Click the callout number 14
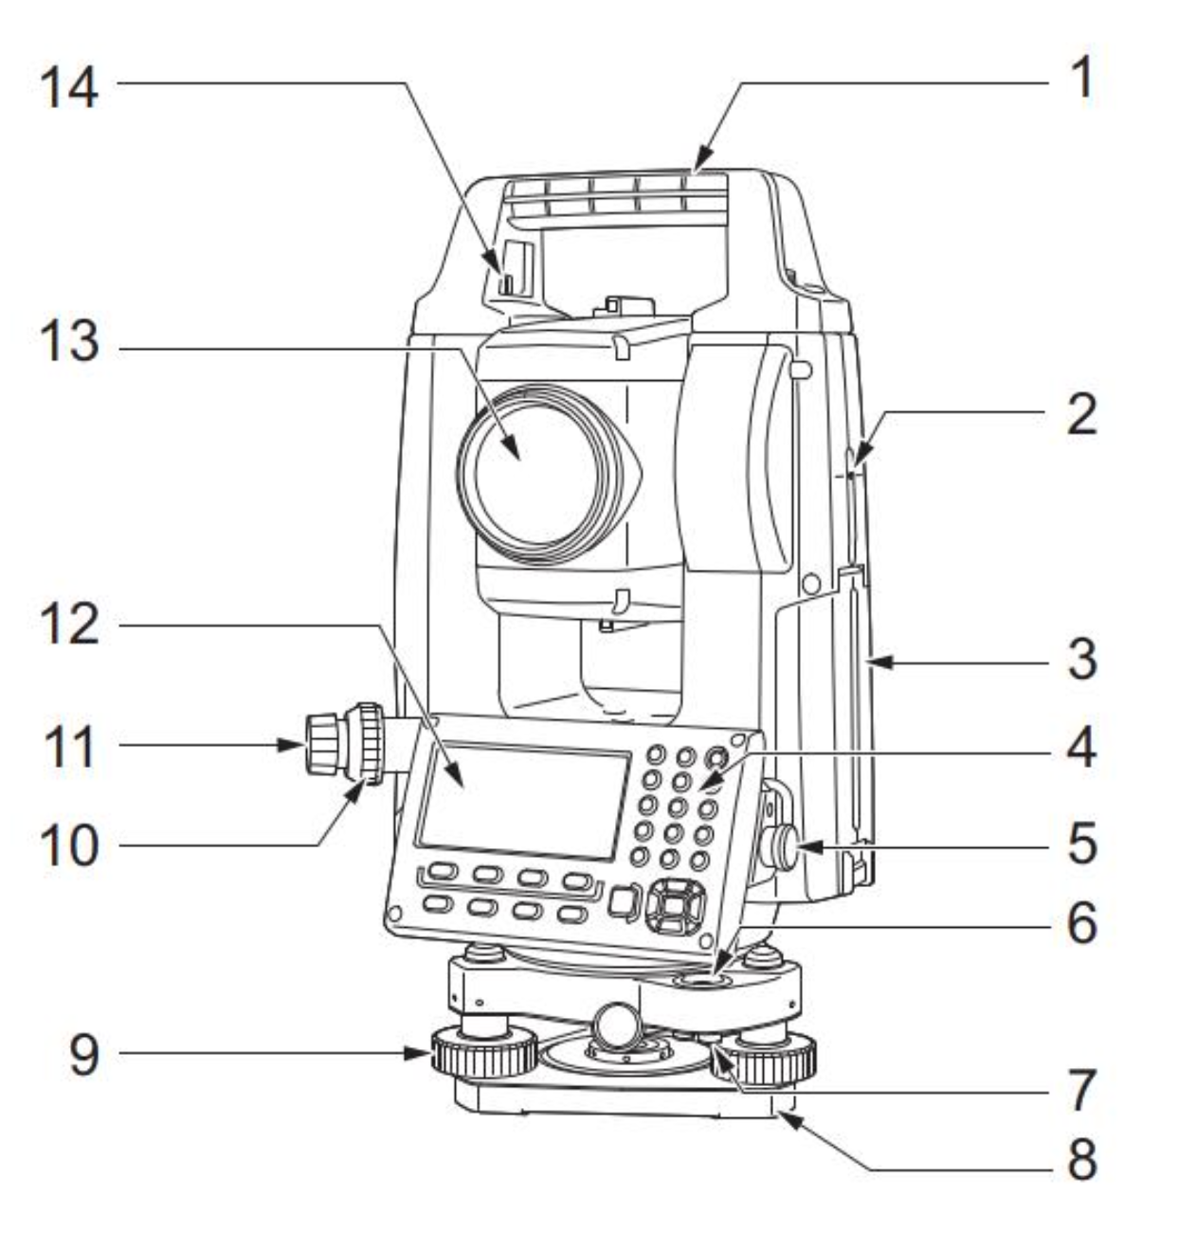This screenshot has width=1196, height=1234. tap(69, 88)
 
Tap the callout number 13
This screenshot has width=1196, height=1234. tap(69, 341)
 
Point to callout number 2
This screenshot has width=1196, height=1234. tap(1082, 414)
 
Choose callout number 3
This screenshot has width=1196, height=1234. tap(1082, 660)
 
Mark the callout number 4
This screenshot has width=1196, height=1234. tap(1082, 748)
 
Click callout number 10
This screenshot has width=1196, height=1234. tap(69, 845)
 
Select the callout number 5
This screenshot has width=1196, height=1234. tap(1082, 844)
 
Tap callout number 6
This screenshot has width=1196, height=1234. tap(1082, 923)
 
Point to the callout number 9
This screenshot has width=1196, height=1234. tap(83, 1056)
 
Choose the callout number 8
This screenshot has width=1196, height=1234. tap(1082, 1159)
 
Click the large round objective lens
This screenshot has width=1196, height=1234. tap(532, 473)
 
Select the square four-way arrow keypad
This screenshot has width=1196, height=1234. tap(675, 905)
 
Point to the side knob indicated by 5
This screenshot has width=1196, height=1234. tap(781, 848)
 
